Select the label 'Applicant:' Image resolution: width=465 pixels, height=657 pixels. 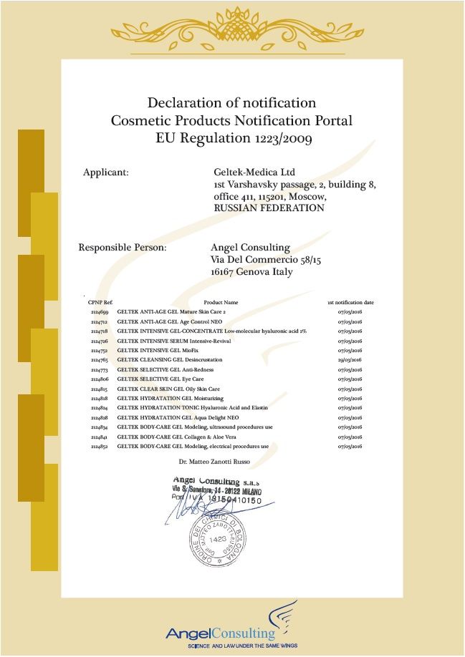[106, 172]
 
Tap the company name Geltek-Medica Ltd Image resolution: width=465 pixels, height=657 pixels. [254, 172]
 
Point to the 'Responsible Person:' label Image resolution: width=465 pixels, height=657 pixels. [123, 248]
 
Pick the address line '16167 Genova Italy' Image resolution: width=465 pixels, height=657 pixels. [251, 272]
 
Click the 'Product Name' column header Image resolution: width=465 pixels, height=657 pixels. [221, 303]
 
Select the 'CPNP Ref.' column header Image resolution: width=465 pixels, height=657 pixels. [100, 303]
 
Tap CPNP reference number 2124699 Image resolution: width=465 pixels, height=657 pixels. [100, 313]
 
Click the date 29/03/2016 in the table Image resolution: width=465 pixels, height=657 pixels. [350, 360]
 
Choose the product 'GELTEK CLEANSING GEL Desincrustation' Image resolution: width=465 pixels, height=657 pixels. [170, 360]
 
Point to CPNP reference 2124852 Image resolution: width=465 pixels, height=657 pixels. [100, 446]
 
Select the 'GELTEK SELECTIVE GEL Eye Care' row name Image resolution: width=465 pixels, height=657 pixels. [163, 379]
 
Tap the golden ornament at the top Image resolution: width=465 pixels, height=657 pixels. [232, 29]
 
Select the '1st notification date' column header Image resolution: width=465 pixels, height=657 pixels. [350, 303]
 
